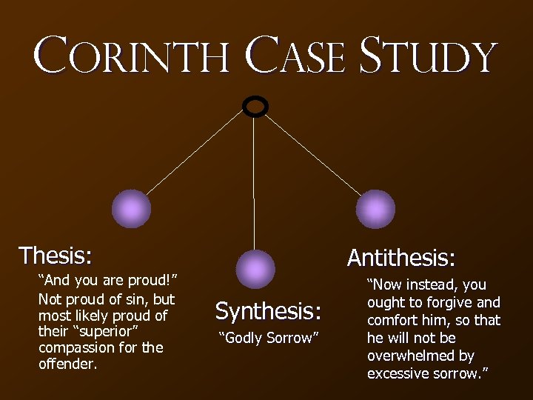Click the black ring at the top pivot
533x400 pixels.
pyautogui.click(x=255, y=107)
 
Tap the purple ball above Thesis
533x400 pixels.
pyautogui.click(x=131, y=208)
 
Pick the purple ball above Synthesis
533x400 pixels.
pyautogui.click(x=255, y=269)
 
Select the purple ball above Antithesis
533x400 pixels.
pyautogui.click(x=375, y=209)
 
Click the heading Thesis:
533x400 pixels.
pyautogui.click(x=56, y=256)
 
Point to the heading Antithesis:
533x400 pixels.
pyautogui.click(x=401, y=258)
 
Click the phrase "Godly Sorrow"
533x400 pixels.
pyautogui.click(x=268, y=338)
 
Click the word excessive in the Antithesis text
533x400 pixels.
pyautogui.click(x=399, y=373)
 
